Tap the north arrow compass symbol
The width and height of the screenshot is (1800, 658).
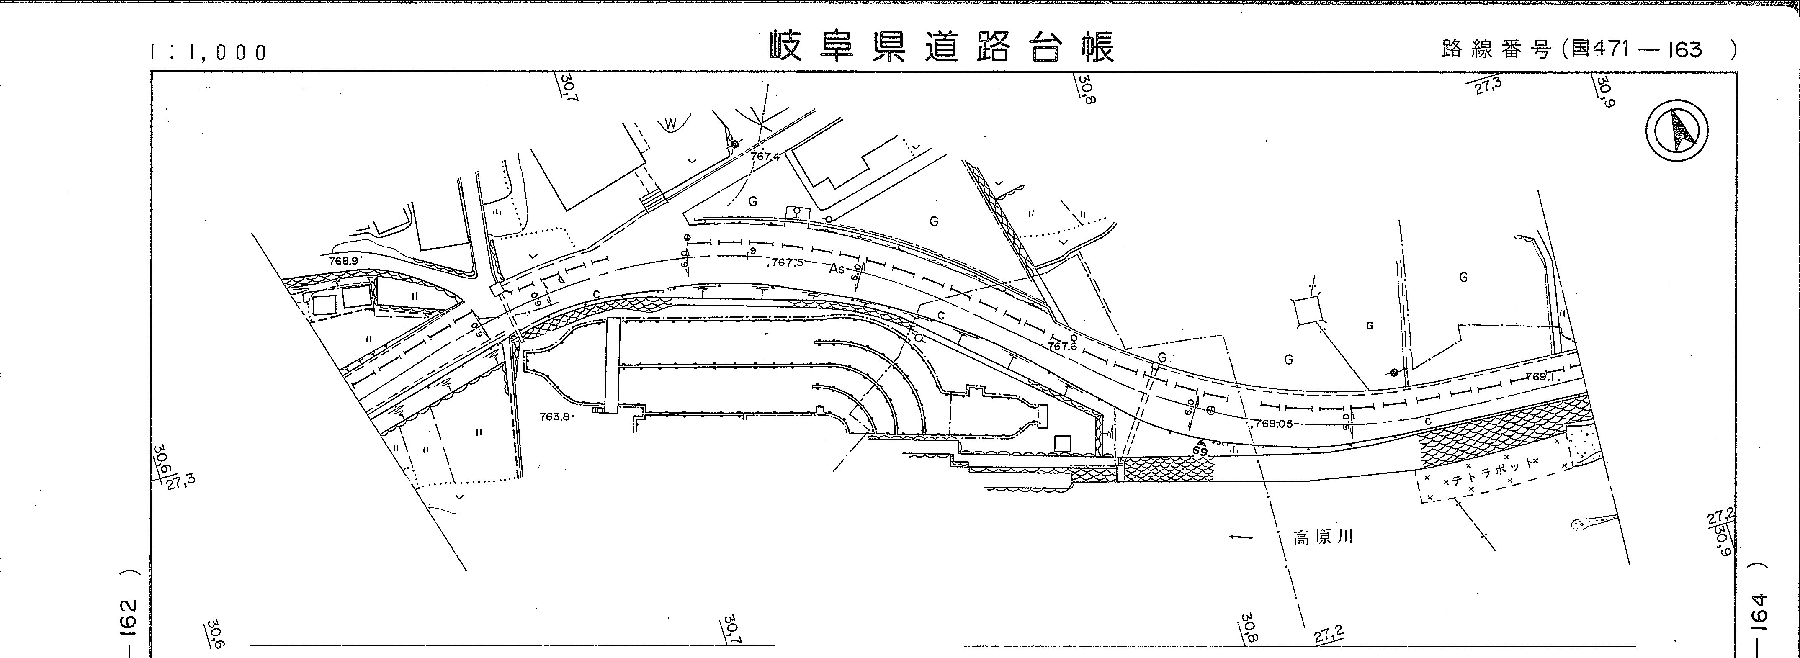click(1676, 131)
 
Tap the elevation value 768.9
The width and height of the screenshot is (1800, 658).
click(345, 260)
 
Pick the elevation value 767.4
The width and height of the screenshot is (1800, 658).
click(765, 157)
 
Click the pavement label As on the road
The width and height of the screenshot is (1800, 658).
click(837, 269)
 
